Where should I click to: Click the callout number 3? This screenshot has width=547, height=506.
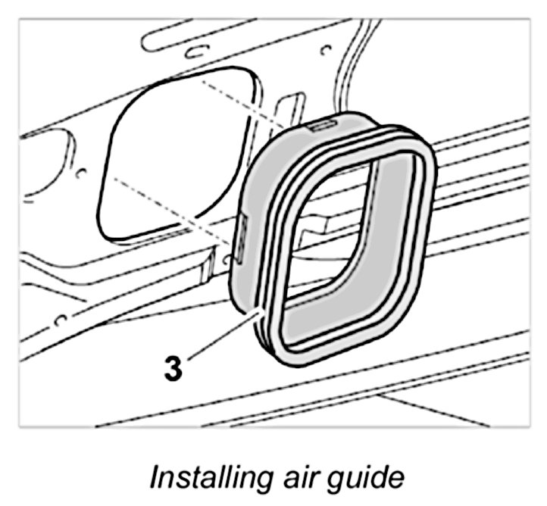pyautogui.click(x=173, y=370)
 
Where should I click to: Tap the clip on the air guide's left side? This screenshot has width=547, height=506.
pyautogui.click(x=241, y=234)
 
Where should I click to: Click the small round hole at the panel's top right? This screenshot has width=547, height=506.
pyautogui.click(x=327, y=52)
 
